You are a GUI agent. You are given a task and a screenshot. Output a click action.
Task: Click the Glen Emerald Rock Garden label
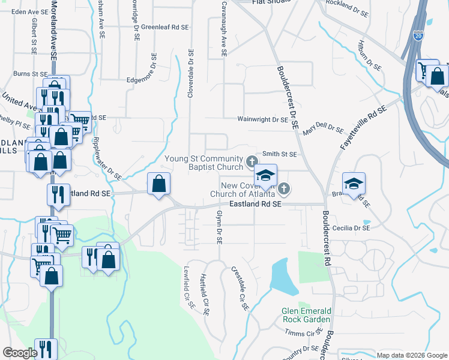[x=306, y=315]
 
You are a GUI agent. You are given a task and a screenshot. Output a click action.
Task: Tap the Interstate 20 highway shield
[x=418, y=37]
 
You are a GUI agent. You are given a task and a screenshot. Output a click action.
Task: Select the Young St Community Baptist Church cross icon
[x=252, y=161]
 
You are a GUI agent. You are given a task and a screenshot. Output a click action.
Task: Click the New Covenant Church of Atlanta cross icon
[x=284, y=189]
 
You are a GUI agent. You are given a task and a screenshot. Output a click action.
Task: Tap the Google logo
[x=20, y=353]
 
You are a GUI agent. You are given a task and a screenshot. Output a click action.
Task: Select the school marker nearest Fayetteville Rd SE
[x=354, y=182]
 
